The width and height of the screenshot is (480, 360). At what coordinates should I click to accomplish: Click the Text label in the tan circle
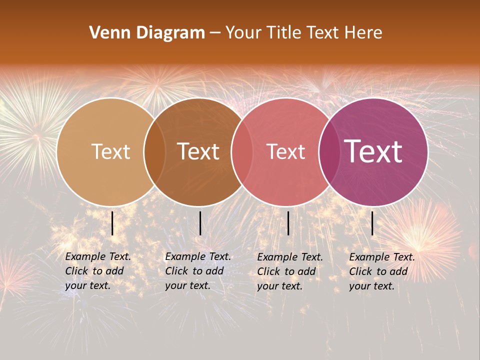[x=110, y=151]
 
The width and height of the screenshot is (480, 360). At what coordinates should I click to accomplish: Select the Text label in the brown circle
[x=198, y=151]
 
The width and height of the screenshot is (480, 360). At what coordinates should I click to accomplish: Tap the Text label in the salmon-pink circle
[x=285, y=151]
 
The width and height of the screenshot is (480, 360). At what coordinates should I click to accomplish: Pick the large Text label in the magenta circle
[x=373, y=151]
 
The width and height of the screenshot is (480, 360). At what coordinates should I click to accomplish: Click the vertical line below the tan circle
[x=112, y=223]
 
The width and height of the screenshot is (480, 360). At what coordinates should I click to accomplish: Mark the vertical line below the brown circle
[x=200, y=223]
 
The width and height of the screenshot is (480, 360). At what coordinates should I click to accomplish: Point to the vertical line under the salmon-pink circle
[x=288, y=223]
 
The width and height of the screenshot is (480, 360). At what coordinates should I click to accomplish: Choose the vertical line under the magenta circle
[x=372, y=223]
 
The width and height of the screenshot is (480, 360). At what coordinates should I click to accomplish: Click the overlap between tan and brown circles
[x=155, y=152]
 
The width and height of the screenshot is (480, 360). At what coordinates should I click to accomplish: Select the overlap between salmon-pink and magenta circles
[x=328, y=152]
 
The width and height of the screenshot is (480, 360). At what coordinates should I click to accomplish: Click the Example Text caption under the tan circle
[x=98, y=271]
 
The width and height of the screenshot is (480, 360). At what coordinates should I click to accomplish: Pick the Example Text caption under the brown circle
[x=198, y=271]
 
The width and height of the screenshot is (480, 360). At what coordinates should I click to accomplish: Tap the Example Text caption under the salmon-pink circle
[x=290, y=271]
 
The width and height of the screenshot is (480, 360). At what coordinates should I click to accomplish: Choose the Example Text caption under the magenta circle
[x=382, y=271]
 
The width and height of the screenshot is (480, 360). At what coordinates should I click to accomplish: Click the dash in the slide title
[x=215, y=33]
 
